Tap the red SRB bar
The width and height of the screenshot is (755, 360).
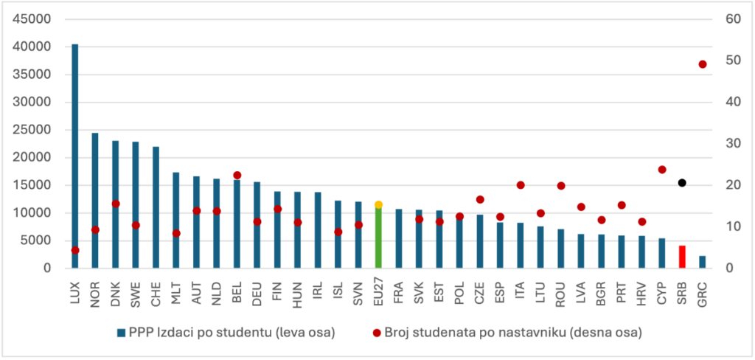682,257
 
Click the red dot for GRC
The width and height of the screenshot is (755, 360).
703,64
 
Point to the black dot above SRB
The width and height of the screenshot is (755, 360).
682,183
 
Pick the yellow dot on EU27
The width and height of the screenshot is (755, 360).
378,204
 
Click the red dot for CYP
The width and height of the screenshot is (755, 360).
662,170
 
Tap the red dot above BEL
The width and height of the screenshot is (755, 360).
237,176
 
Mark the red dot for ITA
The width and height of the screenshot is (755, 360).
521,185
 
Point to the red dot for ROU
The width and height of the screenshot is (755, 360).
561,186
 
